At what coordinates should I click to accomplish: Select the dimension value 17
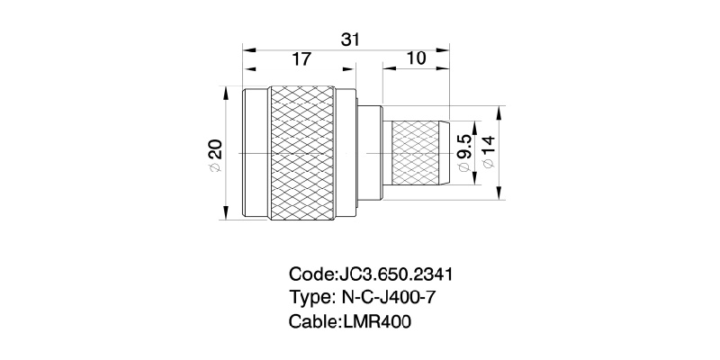301,60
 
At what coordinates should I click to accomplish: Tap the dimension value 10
416,60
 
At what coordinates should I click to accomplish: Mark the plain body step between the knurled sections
371,154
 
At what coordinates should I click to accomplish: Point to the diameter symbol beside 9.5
465,168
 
